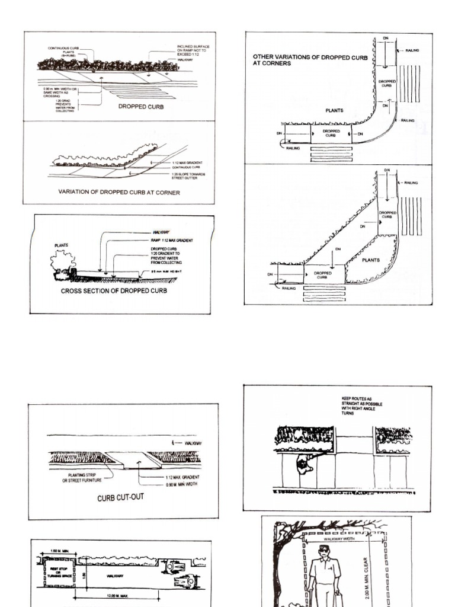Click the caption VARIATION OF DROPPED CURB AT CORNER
[x=118, y=192]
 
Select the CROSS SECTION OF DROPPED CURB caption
[x=114, y=291]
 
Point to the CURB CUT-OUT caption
[x=120, y=498]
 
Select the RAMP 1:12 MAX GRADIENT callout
[x=172, y=240]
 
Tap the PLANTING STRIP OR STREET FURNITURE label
[x=82, y=477]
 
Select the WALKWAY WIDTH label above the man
[x=338, y=539]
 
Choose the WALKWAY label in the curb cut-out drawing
[x=193, y=443]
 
